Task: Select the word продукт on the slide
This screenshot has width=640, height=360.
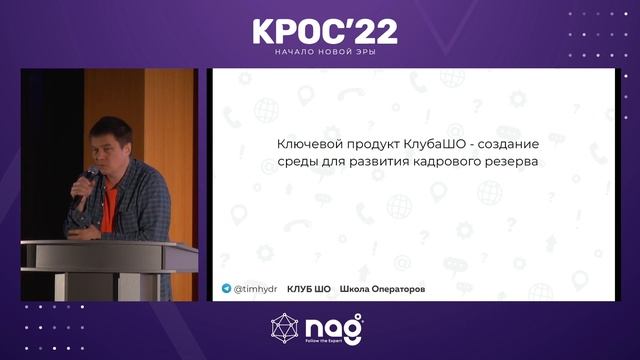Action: pyautogui.click(x=367, y=144)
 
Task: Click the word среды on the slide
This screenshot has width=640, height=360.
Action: pyautogui.click(x=297, y=163)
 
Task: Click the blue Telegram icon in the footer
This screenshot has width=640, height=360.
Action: pyautogui.click(x=226, y=288)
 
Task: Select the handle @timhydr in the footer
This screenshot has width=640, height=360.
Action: pyautogui.click(x=256, y=288)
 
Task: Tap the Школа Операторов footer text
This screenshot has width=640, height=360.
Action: pyautogui.click(x=382, y=288)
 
